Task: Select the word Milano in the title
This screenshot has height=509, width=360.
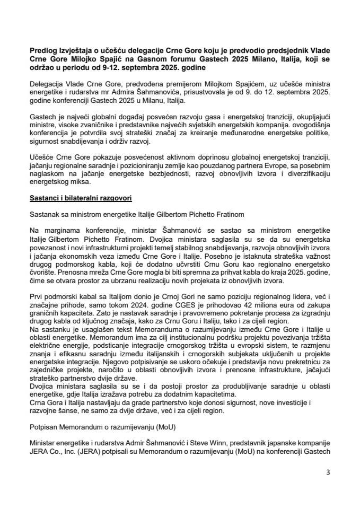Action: [x=268, y=59]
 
